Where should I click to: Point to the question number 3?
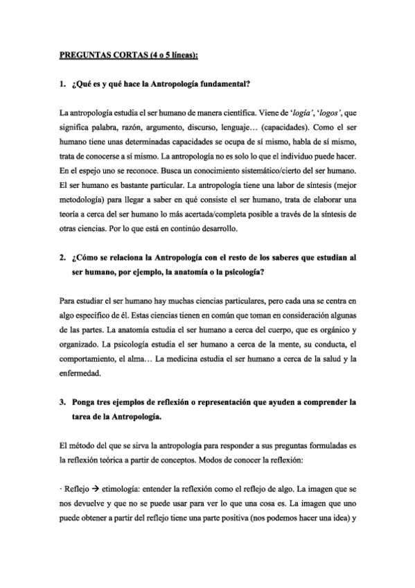[x=60, y=401]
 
